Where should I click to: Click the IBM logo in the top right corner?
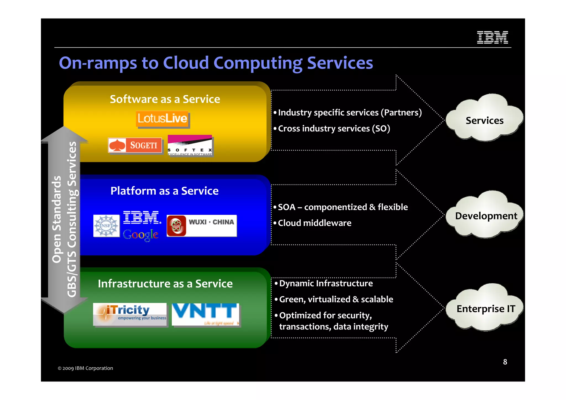coord(492,37)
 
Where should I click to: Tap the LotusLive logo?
coord(163,119)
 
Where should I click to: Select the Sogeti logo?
coord(135,145)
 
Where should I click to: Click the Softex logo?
coord(190,145)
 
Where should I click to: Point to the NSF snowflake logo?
coord(106,226)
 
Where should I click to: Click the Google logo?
coord(141,235)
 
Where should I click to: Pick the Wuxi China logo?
coord(202,226)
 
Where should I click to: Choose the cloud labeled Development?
coord(486,215)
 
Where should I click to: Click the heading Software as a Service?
coord(165,99)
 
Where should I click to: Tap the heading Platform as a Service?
coord(164,191)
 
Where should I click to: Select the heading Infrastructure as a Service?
coord(165,284)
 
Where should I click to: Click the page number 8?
coord(505,362)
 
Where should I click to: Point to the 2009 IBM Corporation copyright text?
coord(85,368)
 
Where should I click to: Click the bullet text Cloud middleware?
coord(315,223)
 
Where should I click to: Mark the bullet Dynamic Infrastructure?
coord(326,283)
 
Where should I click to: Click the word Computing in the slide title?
coord(258,63)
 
